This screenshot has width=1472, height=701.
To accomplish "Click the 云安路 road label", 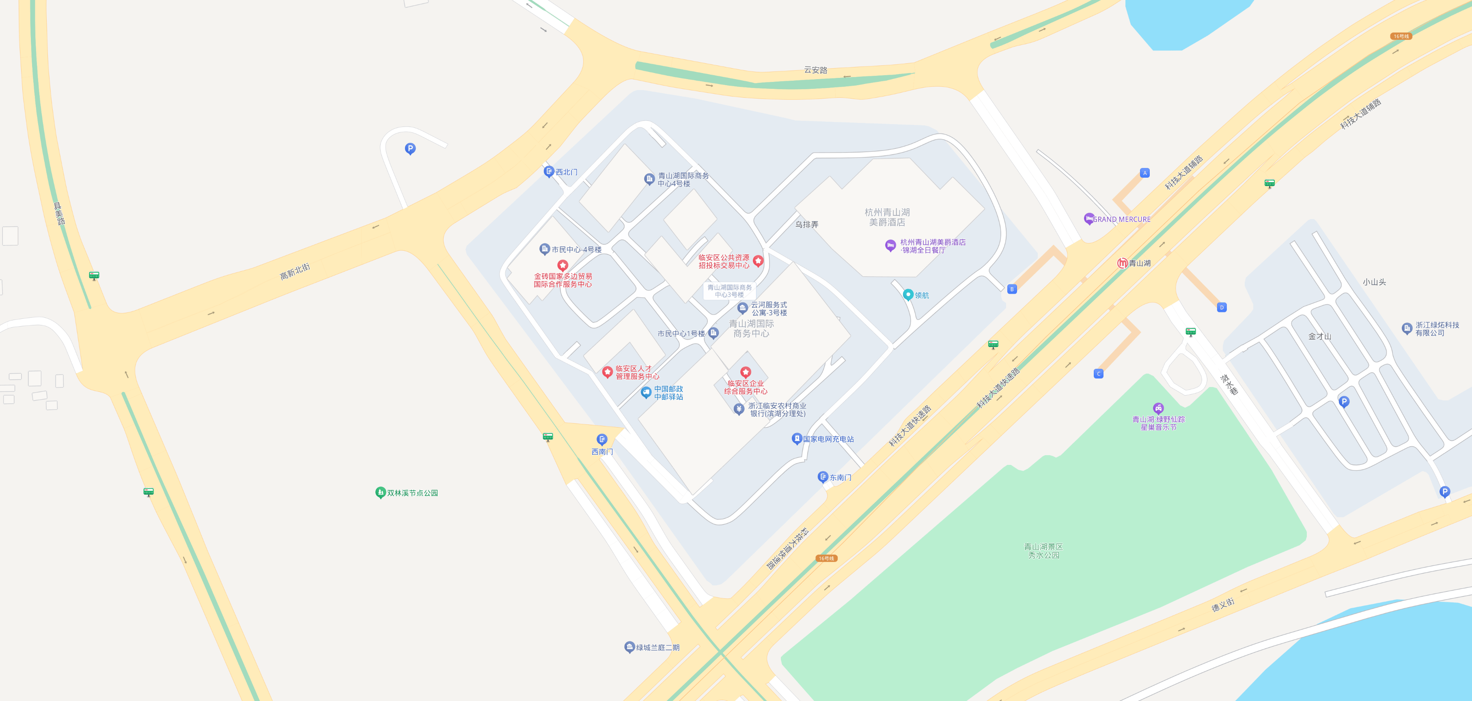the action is (815, 70).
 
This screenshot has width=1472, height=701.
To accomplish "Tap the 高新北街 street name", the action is (295, 271).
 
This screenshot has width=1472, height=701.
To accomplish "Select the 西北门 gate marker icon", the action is (549, 171).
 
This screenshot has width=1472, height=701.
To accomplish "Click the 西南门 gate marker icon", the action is (602, 439).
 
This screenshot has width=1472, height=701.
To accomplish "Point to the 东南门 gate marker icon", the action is (823, 477).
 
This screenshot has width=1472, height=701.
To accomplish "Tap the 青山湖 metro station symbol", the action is (1122, 263).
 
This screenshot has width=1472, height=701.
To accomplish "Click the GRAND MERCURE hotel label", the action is (1121, 219).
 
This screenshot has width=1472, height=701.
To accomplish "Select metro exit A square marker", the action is (1144, 172).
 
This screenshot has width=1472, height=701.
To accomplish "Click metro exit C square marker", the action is (1098, 374).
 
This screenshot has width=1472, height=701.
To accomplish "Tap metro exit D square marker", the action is (1222, 307).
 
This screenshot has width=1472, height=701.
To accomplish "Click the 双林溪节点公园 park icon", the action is (381, 492).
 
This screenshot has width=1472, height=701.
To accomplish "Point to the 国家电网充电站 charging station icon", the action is (797, 439).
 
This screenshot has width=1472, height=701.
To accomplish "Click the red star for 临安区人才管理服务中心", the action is (608, 372).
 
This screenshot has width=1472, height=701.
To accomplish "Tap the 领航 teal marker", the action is (908, 295).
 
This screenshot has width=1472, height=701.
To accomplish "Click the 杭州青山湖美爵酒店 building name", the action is (887, 217).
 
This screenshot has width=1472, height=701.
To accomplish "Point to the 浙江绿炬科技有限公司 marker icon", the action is (1407, 329).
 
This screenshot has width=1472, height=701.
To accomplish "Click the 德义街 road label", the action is (1223, 605).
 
